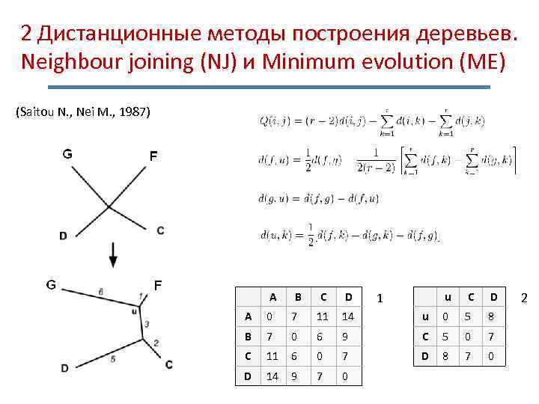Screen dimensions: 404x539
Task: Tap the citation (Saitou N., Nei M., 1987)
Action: pyautogui.click(x=82, y=112)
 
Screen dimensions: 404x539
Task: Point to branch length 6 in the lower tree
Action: pyautogui.click(x=100, y=291)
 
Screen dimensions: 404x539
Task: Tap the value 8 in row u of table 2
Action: pyautogui.click(x=491, y=316)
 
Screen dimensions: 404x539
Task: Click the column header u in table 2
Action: pyautogui.click(x=448, y=296)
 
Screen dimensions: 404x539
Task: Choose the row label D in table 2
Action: pyautogui.click(x=425, y=356)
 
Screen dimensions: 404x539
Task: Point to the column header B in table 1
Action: pyautogui.click(x=298, y=296)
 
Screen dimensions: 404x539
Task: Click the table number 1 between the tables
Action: pyautogui.click(x=380, y=299)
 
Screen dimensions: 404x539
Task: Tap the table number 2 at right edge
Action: pyautogui.click(x=524, y=299)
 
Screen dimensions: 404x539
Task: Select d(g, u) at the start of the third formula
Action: pyautogui.click(x=277, y=198)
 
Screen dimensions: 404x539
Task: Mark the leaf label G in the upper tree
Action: pyautogui.click(x=67, y=155)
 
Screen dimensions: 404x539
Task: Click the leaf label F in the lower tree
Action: pyautogui.click(x=158, y=285)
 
